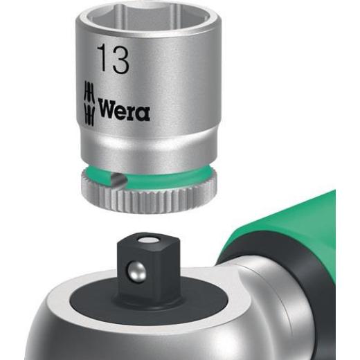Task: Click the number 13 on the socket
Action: (113, 61)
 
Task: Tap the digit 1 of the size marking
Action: (102, 61)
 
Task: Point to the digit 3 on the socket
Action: (120, 61)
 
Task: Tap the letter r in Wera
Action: (133, 111)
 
